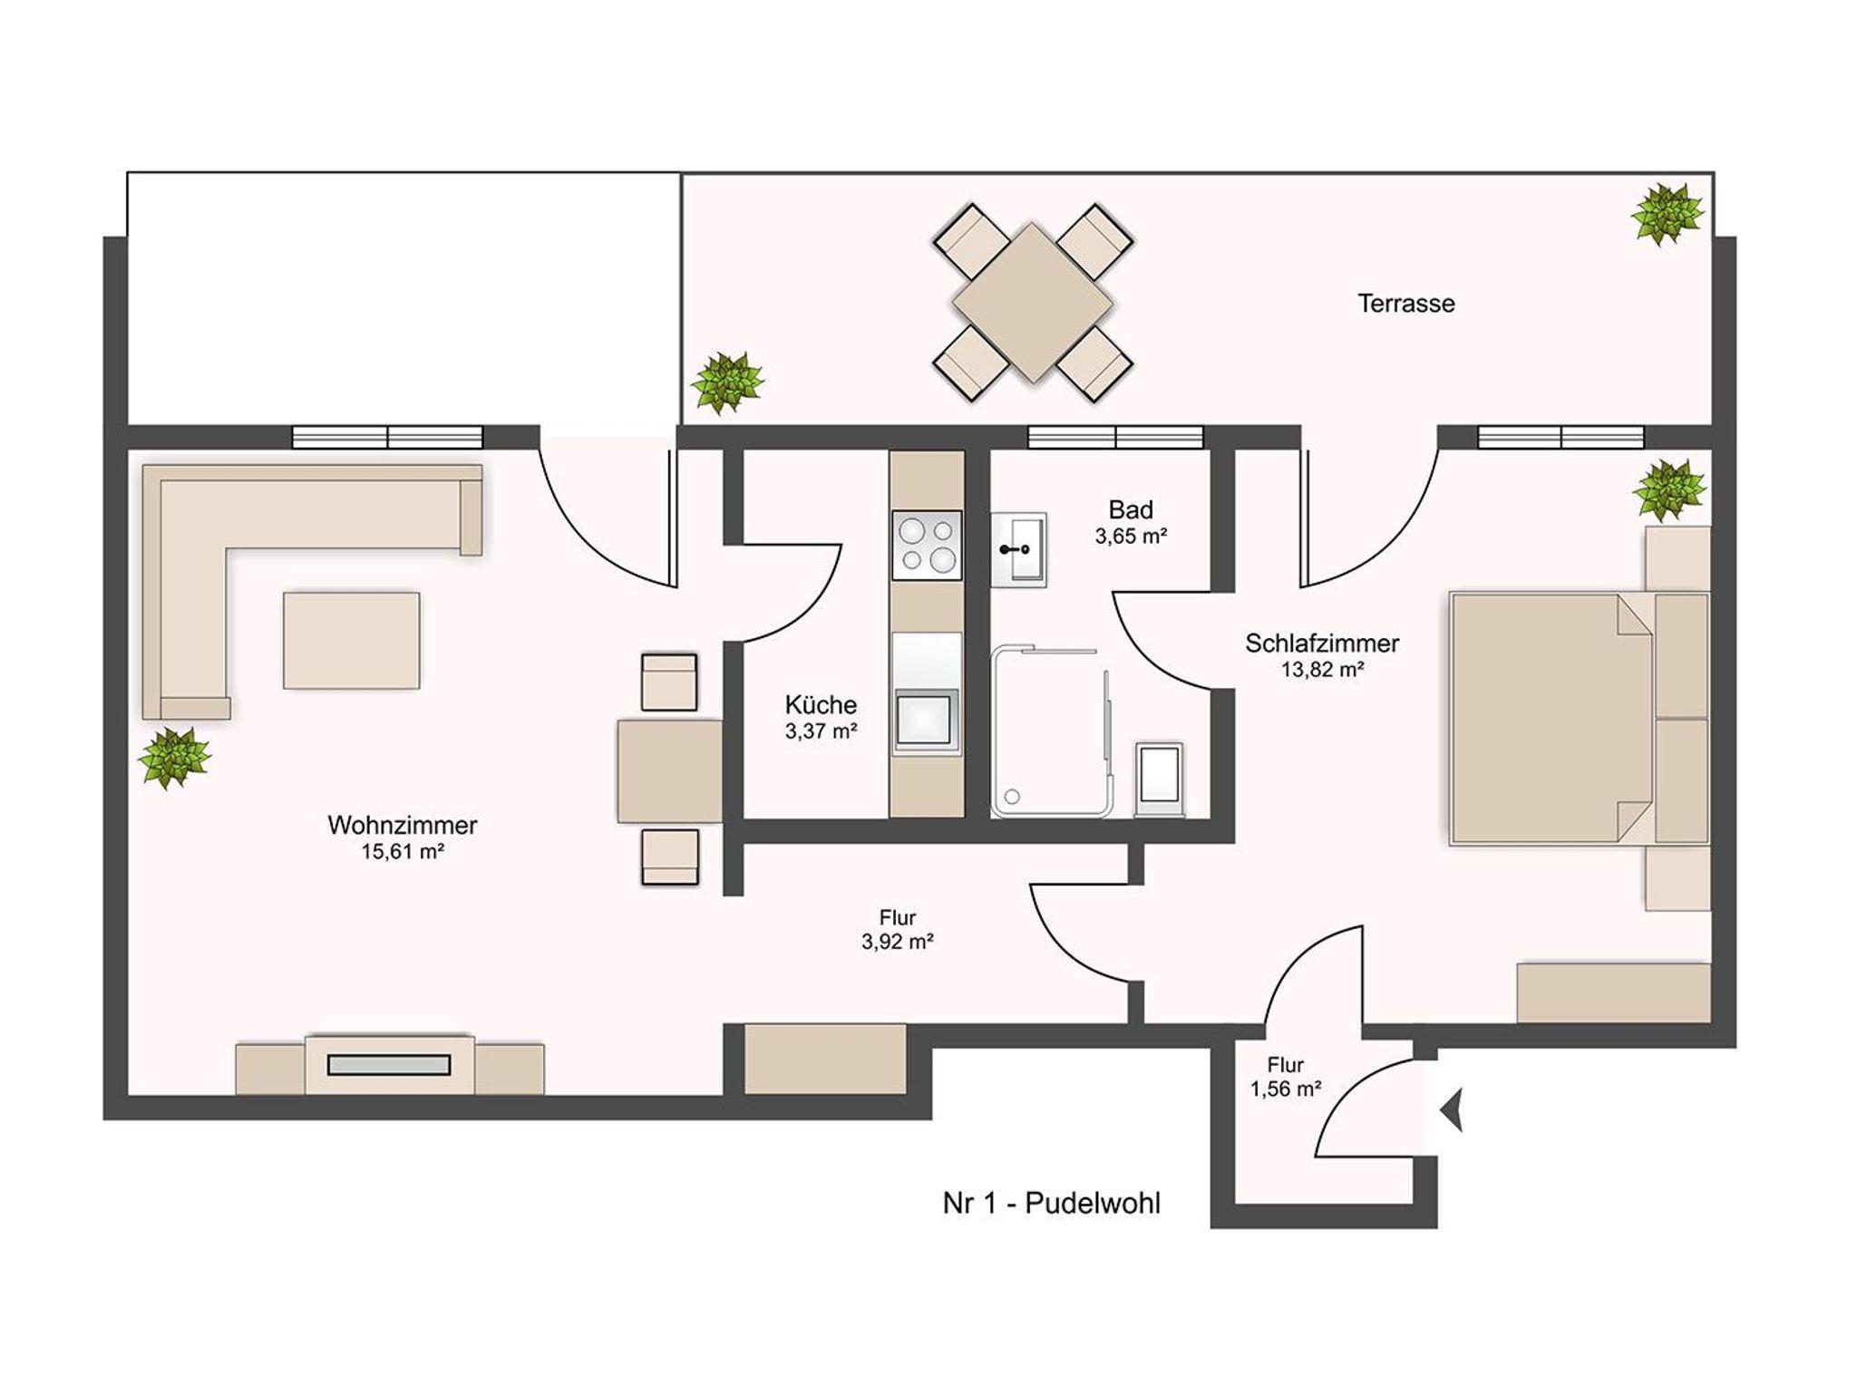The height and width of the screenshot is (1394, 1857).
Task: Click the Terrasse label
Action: click(x=1405, y=304)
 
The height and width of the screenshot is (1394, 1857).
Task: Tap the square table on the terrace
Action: click(x=1032, y=303)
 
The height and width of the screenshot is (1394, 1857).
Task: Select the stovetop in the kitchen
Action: click(x=927, y=545)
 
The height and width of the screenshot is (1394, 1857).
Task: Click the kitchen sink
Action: click(x=926, y=721)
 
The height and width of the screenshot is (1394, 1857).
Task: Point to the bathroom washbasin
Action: click(x=1018, y=549)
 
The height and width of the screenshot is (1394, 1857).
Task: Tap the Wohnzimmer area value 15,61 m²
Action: click(x=403, y=852)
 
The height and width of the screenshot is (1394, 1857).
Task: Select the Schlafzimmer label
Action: click(x=1322, y=644)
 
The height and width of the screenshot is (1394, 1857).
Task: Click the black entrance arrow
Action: click(x=1452, y=1111)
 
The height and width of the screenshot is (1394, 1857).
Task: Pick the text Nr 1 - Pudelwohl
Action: click(x=1052, y=1204)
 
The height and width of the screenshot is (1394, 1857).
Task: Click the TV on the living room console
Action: click(x=389, y=1065)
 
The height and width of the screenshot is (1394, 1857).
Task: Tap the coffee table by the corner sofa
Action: click(x=352, y=641)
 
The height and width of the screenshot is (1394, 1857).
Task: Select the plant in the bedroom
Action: click(x=1668, y=490)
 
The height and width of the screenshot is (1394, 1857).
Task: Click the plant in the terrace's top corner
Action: click(x=1667, y=214)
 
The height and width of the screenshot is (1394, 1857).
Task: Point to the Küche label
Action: click(x=821, y=705)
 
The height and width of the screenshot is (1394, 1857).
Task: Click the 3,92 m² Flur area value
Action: click(x=898, y=942)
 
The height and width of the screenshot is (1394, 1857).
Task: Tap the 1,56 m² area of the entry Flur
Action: click(x=1286, y=1089)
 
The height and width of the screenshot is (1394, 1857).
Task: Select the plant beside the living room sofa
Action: click(x=174, y=758)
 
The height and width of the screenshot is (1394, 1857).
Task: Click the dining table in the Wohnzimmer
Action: click(x=670, y=771)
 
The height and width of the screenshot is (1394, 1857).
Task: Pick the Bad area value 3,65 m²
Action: click(x=1131, y=537)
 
